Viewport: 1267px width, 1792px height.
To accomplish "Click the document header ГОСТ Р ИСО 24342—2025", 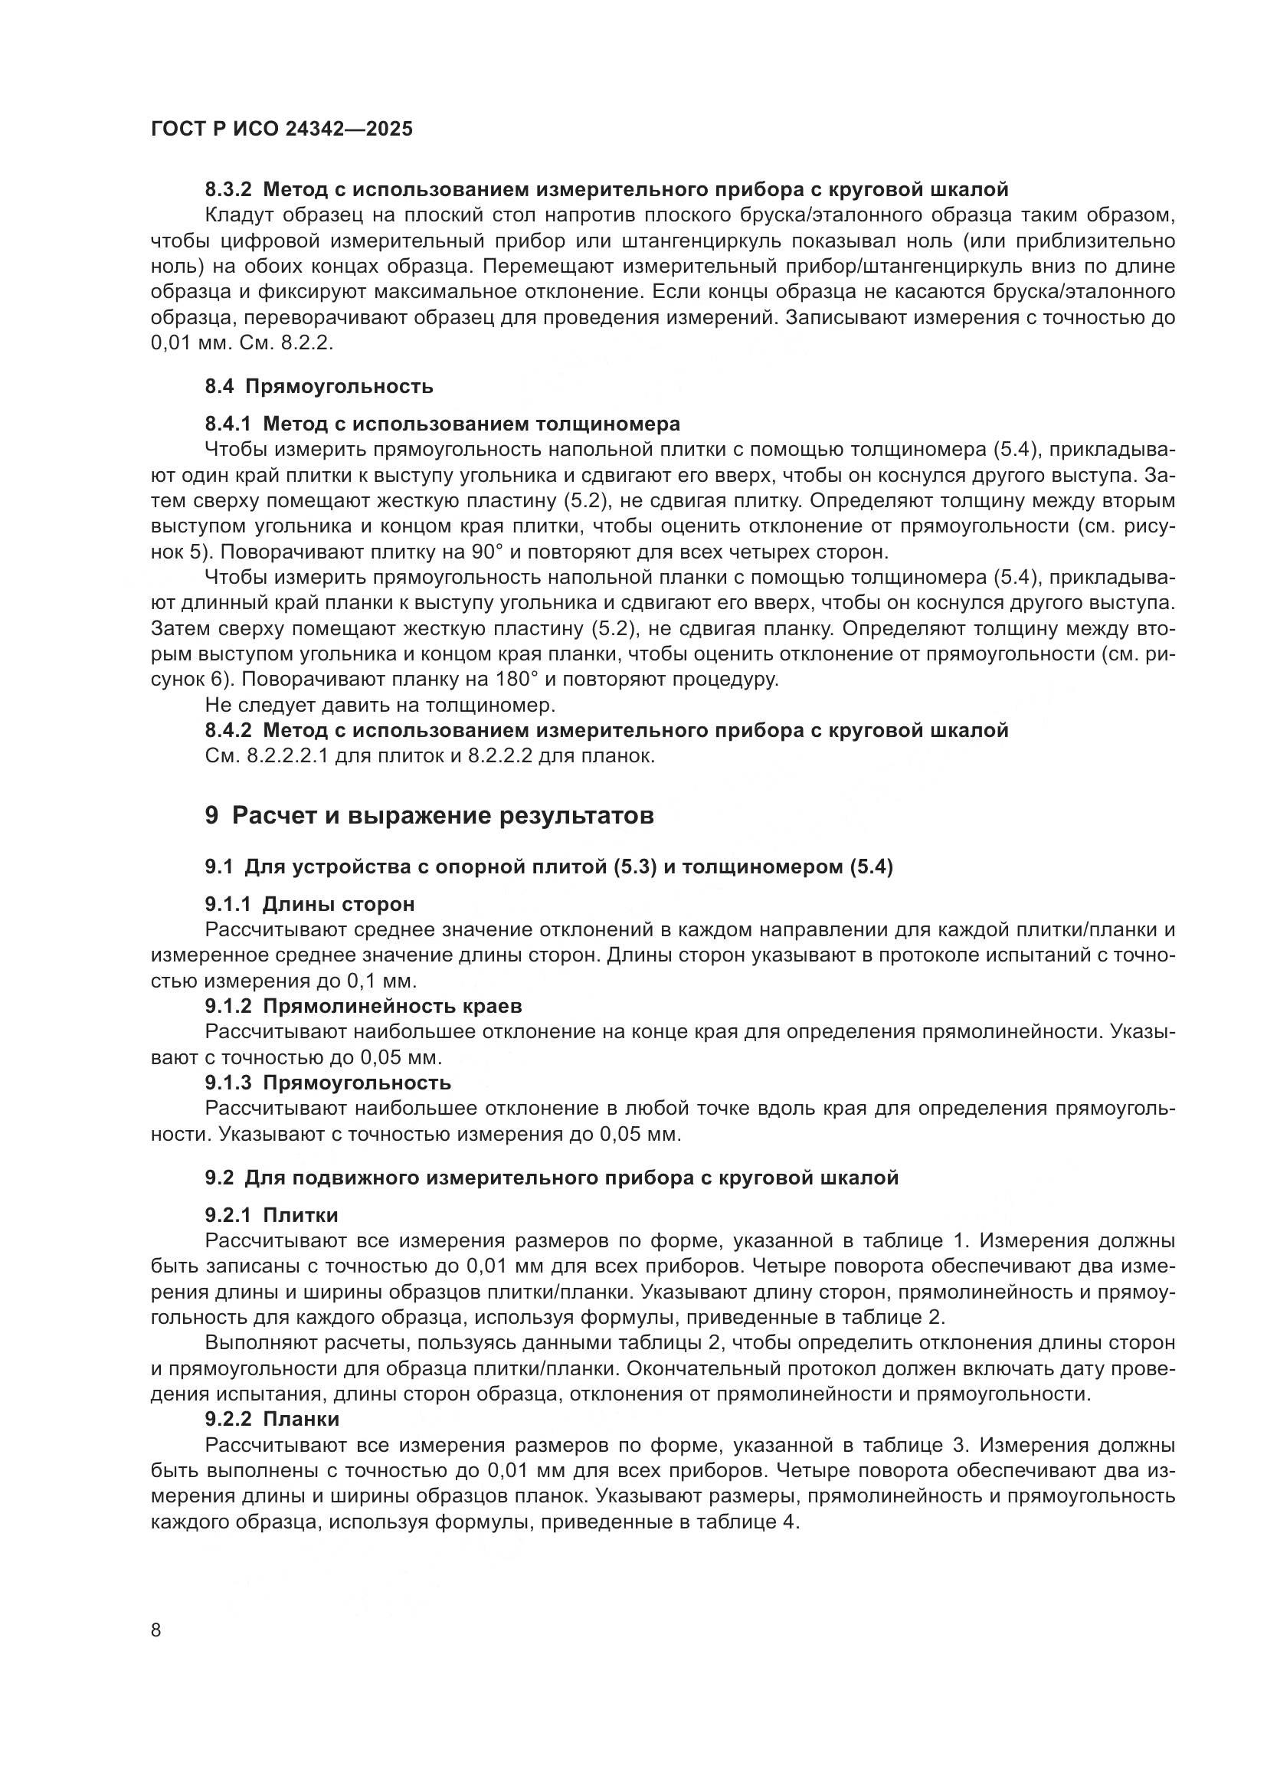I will click(282, 129).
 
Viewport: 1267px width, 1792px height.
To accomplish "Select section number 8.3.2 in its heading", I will click(228, 190).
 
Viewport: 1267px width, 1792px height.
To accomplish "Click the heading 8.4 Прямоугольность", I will click(319, 386).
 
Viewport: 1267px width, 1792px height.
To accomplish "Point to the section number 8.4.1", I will click(228, 424).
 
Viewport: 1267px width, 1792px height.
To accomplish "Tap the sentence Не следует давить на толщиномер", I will click(380, 705).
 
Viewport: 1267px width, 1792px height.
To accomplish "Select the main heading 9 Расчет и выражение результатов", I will click(430, 816).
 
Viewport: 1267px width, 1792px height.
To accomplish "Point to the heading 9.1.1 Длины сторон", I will click(309, 905).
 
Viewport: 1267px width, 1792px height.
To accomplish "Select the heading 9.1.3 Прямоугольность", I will click(329, 1083).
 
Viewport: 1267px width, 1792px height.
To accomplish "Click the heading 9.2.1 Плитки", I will click(271, 1215).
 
